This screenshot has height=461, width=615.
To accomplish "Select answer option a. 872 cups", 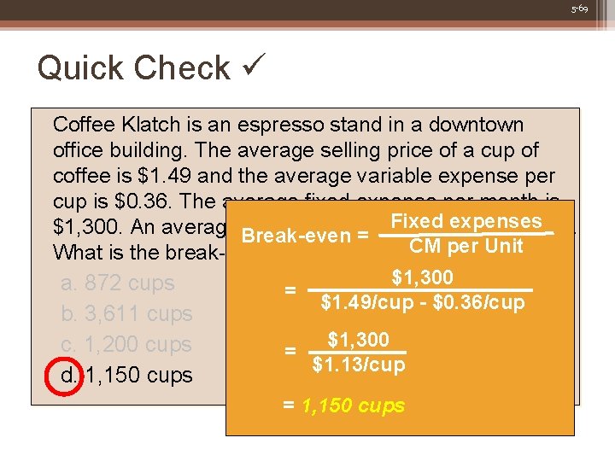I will click(118, 283).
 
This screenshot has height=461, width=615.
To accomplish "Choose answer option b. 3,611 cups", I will click(126, 314).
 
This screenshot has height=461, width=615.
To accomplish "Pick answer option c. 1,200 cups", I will click(126, 345).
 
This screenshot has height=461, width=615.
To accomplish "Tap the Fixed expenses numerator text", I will click(466, 222).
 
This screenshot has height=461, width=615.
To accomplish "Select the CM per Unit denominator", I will click(466, 247).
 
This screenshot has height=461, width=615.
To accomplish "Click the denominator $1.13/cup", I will click(359, 365).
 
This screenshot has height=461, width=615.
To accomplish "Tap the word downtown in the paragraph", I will click(476, 125).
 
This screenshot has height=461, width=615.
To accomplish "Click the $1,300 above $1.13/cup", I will click(359, 341).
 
